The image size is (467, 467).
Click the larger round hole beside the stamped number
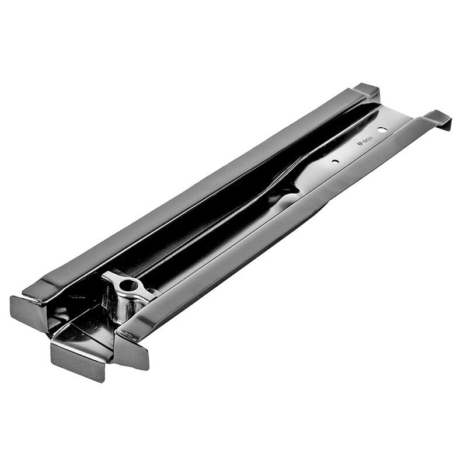[381, 129]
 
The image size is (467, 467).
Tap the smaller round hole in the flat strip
[335, 161]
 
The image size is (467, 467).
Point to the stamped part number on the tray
[364, 141]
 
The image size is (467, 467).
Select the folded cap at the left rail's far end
[367, 92]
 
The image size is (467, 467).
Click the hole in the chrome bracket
[130, 285]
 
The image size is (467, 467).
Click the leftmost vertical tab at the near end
[26, 309]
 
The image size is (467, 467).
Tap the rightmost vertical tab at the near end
[133, 353]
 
